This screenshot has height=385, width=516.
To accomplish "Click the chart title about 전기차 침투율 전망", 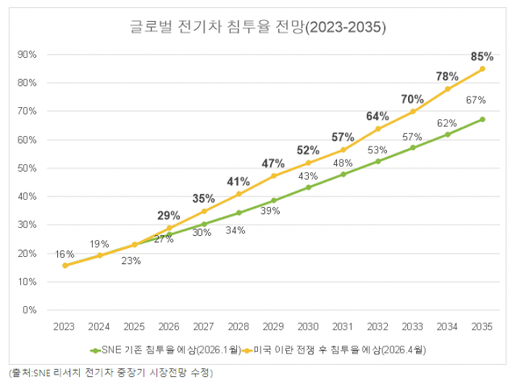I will coord(258,27).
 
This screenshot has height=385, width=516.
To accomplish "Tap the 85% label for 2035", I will coord(482,56).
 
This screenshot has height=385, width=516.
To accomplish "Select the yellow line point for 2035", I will coord(482,68).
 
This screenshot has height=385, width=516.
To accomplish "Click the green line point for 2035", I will coord(482,119).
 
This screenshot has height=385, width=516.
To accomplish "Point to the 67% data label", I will coord(476,101).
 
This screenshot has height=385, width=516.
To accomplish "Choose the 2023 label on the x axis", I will coord(64,327).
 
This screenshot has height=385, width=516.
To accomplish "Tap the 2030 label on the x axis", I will coord(308,327).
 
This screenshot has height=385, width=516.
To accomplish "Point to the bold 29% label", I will coord(169,215).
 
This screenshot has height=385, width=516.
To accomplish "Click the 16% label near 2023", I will coord(64,254).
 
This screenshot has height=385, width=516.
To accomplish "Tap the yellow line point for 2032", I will coord(377,129).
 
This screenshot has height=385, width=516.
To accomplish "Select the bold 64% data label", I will coord(377,116).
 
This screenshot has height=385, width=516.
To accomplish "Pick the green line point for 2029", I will coord(273,200).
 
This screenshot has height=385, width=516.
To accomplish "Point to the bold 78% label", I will coord(447,77).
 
